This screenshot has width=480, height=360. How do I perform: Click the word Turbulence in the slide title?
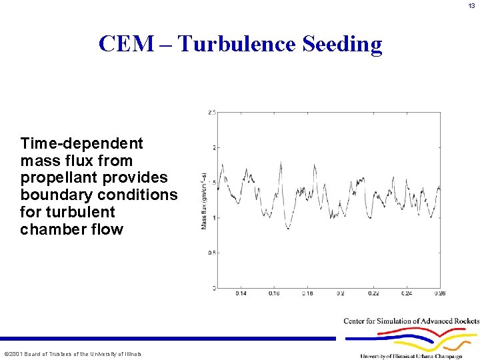[x=237, y=44]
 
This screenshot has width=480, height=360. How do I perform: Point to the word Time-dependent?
[x=82, y=143]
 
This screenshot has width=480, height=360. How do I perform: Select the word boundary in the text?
[x=56, y=195]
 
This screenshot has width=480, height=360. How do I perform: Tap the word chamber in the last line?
[x=49, y=230]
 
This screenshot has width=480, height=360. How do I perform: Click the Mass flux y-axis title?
[x=205, y=200]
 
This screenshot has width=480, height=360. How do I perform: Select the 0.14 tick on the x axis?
[x=241, y=293]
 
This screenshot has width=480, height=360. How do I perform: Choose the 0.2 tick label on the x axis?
[x=340, y=293]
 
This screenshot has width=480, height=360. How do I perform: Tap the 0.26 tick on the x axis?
[x=439, y=293]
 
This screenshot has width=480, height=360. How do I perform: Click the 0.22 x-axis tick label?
[x=373, y=293]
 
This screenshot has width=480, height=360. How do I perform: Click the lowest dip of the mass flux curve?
[x=288, y=228]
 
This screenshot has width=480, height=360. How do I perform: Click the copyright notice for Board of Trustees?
[x=72, y=354]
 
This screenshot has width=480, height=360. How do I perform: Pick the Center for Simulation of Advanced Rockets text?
[x=411, y=321]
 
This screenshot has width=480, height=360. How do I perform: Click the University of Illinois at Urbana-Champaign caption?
[x=411, y=356]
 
